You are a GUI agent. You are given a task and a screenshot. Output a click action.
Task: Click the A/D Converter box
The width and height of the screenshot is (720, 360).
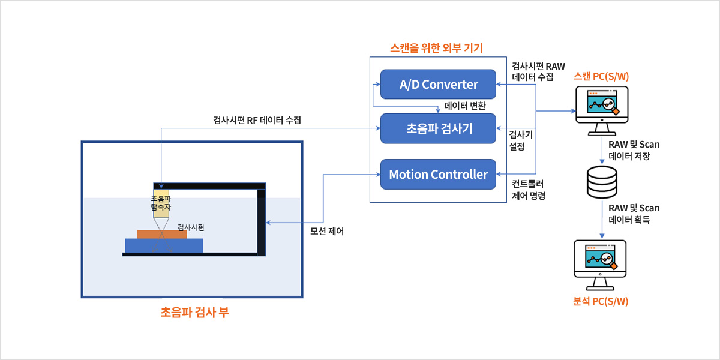[x=438, y=84]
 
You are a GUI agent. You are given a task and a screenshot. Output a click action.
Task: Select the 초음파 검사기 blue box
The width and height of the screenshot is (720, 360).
[x=438, y=128]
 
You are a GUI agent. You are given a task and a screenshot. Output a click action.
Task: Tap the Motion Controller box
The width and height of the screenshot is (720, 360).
[x=438, y=175]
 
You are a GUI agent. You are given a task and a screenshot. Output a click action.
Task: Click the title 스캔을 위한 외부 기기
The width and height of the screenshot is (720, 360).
[x=436, y=48]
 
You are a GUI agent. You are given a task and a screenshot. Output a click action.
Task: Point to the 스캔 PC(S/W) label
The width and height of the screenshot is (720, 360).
[x=601, y=76]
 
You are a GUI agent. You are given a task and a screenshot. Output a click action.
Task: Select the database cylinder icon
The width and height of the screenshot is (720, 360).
[x=602, y=182]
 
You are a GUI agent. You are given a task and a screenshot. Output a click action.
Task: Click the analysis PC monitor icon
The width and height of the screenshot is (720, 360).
[x=600, y=260]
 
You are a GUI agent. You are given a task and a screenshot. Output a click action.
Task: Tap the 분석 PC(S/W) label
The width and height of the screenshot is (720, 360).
[x=601, y=301]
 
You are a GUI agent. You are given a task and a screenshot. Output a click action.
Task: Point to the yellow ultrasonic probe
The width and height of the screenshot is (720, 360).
[x=161, y=203]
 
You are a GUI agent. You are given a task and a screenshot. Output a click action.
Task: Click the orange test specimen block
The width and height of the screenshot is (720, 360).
[x=162, y=234]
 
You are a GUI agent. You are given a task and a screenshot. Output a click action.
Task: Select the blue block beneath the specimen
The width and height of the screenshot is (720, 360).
[x=164, y=245]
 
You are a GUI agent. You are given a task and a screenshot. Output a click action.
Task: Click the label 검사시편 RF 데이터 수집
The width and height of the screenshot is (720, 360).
[x=257, y=120]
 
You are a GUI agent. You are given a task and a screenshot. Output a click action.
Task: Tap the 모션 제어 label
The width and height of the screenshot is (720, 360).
[x=327, y=231]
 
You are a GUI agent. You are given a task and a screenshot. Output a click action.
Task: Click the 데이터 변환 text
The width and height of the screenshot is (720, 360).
[x=465, y=106]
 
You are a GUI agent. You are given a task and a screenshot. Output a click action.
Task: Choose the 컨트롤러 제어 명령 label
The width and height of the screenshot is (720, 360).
[x=529, y=190]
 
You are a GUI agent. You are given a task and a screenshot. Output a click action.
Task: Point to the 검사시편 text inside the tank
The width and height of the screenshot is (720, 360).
[x=191, y=227]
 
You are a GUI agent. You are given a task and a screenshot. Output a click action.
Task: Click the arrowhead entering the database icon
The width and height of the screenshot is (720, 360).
[x=602, y=164]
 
